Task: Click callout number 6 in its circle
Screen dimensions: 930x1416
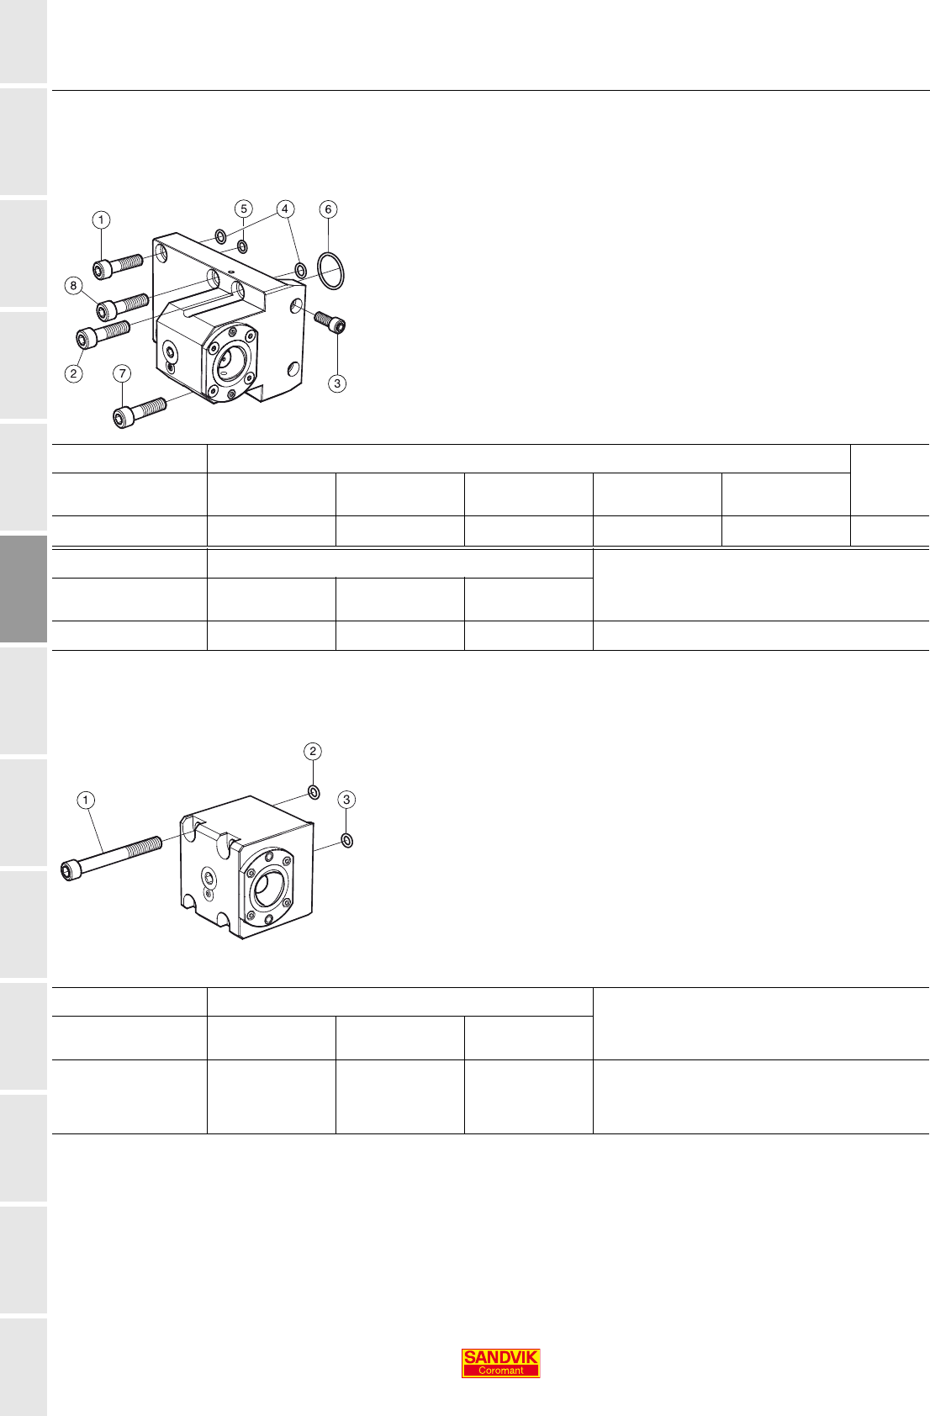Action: click(x=327, y=209)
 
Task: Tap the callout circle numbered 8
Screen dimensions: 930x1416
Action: click(x=73, y=286)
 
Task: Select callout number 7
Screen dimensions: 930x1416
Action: click(x=122, y=373)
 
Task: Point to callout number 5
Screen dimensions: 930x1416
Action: click(x=243, y=209)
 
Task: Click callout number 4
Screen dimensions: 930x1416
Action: click(x=284, y=209)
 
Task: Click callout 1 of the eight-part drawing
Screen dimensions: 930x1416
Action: click(x=101, y=220)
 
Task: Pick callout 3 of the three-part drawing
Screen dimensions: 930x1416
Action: click(x=346, y=800)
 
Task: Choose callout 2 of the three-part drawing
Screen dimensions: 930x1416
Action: click(x=312, y=751)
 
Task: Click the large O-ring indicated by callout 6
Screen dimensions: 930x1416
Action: click(x=330, y=272)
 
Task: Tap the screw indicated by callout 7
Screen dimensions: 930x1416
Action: click(x=139, y=413)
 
